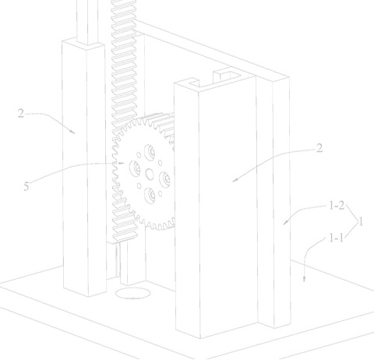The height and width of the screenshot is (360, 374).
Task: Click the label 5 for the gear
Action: tap(26, 186)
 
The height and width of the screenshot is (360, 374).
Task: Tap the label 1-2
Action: tap(337, 206)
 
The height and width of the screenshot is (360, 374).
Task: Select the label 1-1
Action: tap(336, 238)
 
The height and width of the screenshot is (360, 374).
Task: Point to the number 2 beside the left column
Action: tap(21, 114)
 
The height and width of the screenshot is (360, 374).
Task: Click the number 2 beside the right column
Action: tap(319, 148)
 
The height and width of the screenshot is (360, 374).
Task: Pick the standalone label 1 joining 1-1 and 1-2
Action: tap(361, 222)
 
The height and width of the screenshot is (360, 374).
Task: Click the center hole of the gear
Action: tap(150, 174)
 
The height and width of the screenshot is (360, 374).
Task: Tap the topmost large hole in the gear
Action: tap(150, 153)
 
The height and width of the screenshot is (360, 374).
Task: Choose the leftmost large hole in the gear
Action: tap(135, 168)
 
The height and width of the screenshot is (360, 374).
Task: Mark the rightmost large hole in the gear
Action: tap(164, 179)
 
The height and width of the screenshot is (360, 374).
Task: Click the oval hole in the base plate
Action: tap(132, 293)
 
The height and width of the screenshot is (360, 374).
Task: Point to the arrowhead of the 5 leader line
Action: tap(122, 164)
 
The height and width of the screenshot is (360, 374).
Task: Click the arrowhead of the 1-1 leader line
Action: tap(305, 280)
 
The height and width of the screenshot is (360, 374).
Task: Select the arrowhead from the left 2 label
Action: tap(72, 132)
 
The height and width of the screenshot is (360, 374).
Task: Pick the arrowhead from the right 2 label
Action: tap(235, 180)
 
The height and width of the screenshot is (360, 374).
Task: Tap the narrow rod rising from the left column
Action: tap(87, 22)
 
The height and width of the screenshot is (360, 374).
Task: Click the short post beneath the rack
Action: tap(133, 263)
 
